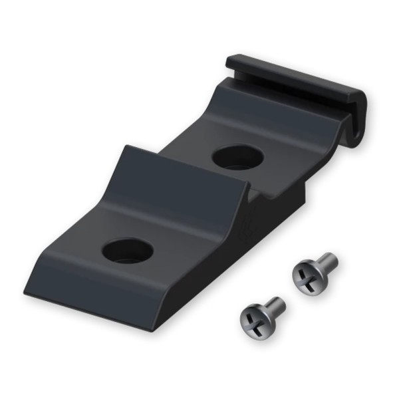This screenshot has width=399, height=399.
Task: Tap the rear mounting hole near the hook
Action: click(x=237, y=157)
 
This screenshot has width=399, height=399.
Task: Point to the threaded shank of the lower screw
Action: click(x=273, y=307)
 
